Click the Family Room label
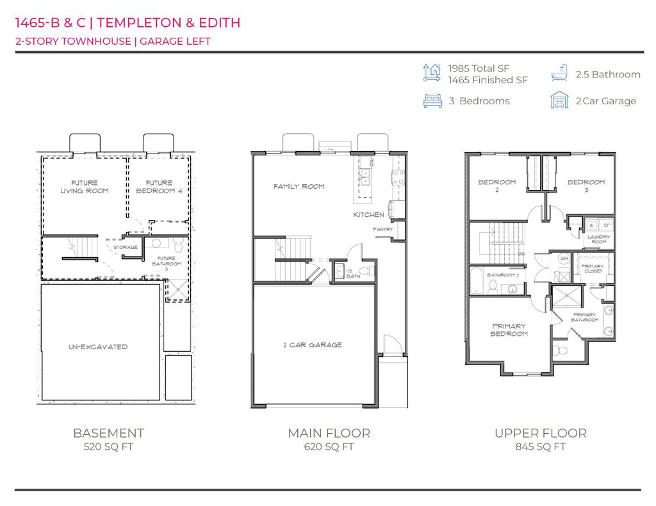coord(299,187)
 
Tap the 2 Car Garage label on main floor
coord(312,345)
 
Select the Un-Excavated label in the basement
coord(99,347)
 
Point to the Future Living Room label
coord(85,187)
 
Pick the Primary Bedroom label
coord(509,330)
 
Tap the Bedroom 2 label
coord(496,186)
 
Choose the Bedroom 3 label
coord(586,186)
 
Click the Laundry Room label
coord(599,239)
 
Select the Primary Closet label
coord(592,269)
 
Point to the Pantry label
coord(382,229)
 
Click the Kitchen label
coord(368,215)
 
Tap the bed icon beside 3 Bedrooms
coord(432,101)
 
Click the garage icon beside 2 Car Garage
coord(559,100)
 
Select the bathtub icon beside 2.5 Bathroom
coord(559,73)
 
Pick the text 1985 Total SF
coord(479,68)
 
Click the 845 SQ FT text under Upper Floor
coord(540,447)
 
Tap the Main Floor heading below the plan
coord(329,433)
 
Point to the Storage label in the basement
coord(126,247)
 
